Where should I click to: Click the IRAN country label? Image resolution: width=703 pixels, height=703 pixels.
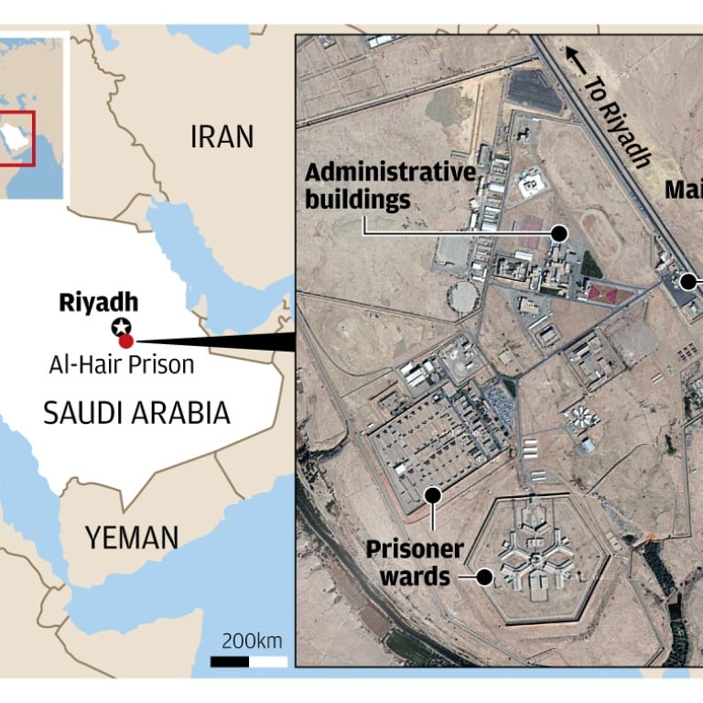221,137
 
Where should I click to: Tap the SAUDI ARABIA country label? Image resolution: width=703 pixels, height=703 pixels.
136,414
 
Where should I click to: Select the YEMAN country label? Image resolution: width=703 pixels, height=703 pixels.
132,537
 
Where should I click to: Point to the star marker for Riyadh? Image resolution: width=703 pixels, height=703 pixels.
120,327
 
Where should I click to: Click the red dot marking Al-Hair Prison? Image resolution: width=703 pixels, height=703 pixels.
127,341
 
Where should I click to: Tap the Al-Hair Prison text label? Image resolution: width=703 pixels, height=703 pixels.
122,364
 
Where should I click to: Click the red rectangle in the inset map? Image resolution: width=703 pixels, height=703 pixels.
18,138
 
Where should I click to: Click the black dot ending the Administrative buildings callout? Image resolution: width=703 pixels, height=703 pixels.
558,234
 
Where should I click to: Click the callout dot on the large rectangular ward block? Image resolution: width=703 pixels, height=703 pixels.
433,494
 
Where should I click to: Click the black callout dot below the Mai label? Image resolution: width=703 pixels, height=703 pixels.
687,282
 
